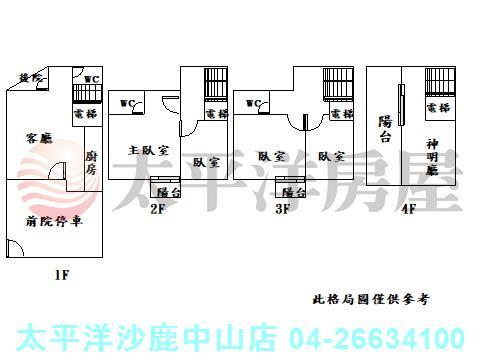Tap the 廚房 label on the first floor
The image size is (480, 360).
(x=90, y=162)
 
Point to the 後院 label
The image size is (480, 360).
(x=31, y=77)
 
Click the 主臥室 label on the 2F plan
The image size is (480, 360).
(x=147, y=150)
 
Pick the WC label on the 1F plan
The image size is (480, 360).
(x=91, y=79)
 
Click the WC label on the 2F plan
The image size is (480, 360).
(x=128, y=102)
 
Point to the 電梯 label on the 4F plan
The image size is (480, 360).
(x=437, y=107)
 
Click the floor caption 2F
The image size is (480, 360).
(x=157, y=210)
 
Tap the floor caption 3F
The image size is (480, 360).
(x=283, y=210)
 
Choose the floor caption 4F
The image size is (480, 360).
(x=408, y=210)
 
